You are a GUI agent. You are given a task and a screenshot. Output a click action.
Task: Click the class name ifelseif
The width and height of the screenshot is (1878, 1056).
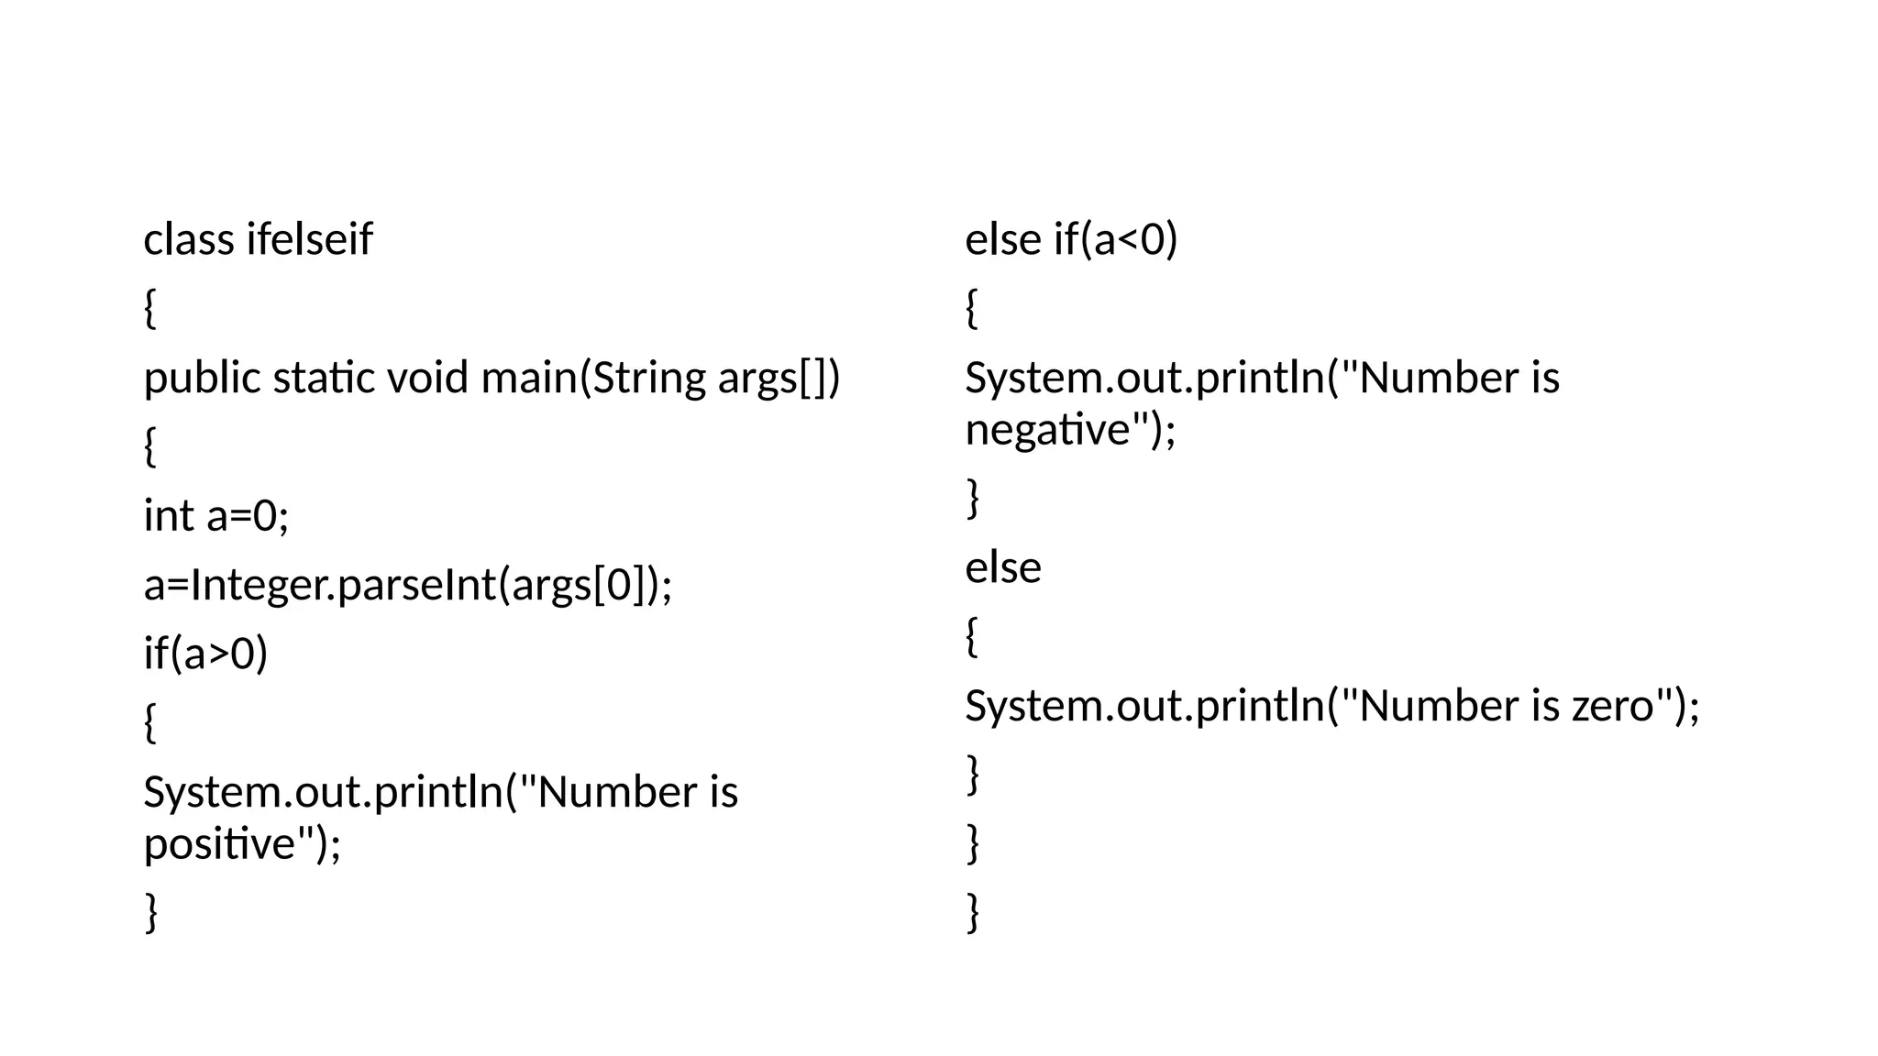click(309, 240)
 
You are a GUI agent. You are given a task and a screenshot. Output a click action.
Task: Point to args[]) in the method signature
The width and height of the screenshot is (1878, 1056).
click(779, 379)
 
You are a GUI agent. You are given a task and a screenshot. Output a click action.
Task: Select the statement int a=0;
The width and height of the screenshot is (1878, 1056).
click(216, 516)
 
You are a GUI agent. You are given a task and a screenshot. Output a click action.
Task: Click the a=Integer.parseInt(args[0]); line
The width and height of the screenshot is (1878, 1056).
click(408, 585)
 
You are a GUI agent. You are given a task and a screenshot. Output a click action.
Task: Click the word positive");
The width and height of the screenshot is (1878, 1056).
click(242, 843)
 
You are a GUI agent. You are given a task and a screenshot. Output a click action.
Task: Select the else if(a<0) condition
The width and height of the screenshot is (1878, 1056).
click(1071, 240)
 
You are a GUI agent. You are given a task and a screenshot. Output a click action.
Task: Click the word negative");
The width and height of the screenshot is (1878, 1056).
click(1070, 430)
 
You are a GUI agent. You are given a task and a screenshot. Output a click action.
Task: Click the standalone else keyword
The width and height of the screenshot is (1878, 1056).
click(1003, 568)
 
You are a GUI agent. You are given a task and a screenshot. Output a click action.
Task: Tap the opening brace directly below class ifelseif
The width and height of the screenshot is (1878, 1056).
click(150, 309)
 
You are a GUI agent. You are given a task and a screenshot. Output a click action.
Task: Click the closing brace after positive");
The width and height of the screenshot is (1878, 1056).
click(151, 912)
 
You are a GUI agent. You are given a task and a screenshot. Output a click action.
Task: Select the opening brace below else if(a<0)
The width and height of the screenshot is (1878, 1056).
click(972, 309)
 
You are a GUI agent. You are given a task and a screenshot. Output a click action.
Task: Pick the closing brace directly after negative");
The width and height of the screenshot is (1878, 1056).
click(973, 499)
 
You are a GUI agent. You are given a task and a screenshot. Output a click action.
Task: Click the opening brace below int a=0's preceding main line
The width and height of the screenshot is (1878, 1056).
click(150, 447)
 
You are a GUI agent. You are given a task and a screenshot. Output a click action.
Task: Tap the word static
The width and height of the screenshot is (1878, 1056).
click(324, 379)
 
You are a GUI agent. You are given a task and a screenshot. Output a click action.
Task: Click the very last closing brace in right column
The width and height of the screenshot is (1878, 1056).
click(973, 912)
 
